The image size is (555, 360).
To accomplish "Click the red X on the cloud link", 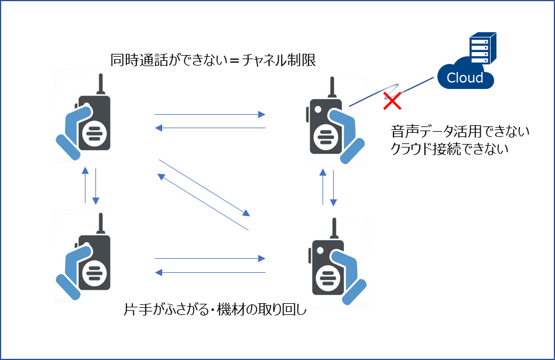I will (x=392, y=100).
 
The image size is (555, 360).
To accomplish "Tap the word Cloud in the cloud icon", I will (x=465, y=78).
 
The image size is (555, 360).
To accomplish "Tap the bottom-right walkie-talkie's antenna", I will (x=334, y=229).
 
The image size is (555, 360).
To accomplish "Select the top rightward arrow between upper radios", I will (x=210, y=115).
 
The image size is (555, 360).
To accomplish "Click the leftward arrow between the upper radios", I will (x=210, y=128).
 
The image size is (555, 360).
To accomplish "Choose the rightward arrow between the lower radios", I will (x=210, y=258).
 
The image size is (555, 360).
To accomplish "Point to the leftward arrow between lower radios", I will (x=210, y=272).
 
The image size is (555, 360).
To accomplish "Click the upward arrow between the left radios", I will (x=85, y=185).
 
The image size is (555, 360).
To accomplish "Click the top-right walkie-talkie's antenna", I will (x=332, y=87).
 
